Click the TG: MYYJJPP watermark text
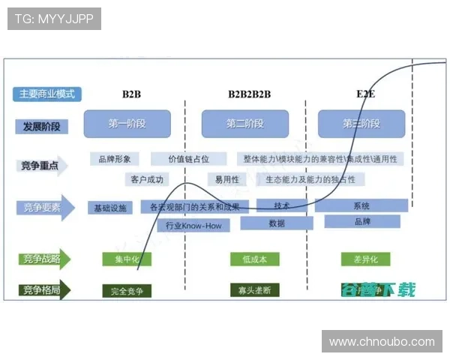pyautogui.click(x=54, y=19)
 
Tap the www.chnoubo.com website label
pyautogui.click(x=382, y=342)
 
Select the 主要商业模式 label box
pyautogui.click(x=46, y=94)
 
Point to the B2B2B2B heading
pyautogui.click(x=250, y=94)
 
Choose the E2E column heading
pyautogui.click(x=365, y=94)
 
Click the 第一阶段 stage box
pyautogui.click(x=127, y=124)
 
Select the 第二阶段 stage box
pyautogui.click(x=245, y=124)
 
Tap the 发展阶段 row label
pyautogui.click(x=41, y=127)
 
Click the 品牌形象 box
pyautogui.click(x=115, y=159)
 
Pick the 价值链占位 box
pyautogui.click(x=188, y=159)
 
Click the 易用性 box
pyautogui.click(x=227, y=179)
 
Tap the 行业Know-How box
pyautogui.click(x=185, y=225)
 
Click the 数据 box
pyautogui.click(x=277, y=223)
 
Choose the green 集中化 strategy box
pyautogui.click(x=127, y=259)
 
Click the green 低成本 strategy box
pyautogui.click(x=254, y=259)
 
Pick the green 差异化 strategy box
pyautogui.click(x=365, y=259)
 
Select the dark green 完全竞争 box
pyautogui.click(x=127, y=290)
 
